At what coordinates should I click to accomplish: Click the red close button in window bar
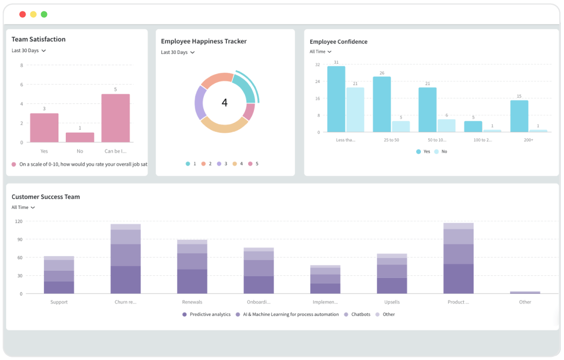pos(22,14)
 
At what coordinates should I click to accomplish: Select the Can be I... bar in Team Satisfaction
pos(115,118)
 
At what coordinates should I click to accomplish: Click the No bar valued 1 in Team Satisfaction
pos(80,137)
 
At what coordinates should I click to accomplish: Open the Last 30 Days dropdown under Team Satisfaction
pos(29,51)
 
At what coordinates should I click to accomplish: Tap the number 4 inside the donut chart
pos(225,103)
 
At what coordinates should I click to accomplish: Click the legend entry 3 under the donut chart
pos(222,164)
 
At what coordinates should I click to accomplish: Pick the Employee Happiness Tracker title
pos(204,41)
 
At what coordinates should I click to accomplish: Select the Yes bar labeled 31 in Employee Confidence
pos(336,99)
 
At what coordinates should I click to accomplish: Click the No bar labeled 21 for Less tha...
pos(355,110)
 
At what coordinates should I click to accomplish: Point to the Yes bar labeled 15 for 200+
pos(519,116)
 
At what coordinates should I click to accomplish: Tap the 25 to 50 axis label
pos(391,140)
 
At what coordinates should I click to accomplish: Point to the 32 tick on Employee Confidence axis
pos(318,64)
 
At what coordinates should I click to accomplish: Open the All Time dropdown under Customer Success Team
pos(23,207)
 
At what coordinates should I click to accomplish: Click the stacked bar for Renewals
pos(192,267)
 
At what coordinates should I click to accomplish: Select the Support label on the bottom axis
pos(59,302)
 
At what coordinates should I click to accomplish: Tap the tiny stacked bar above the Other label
pos(525,293)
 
